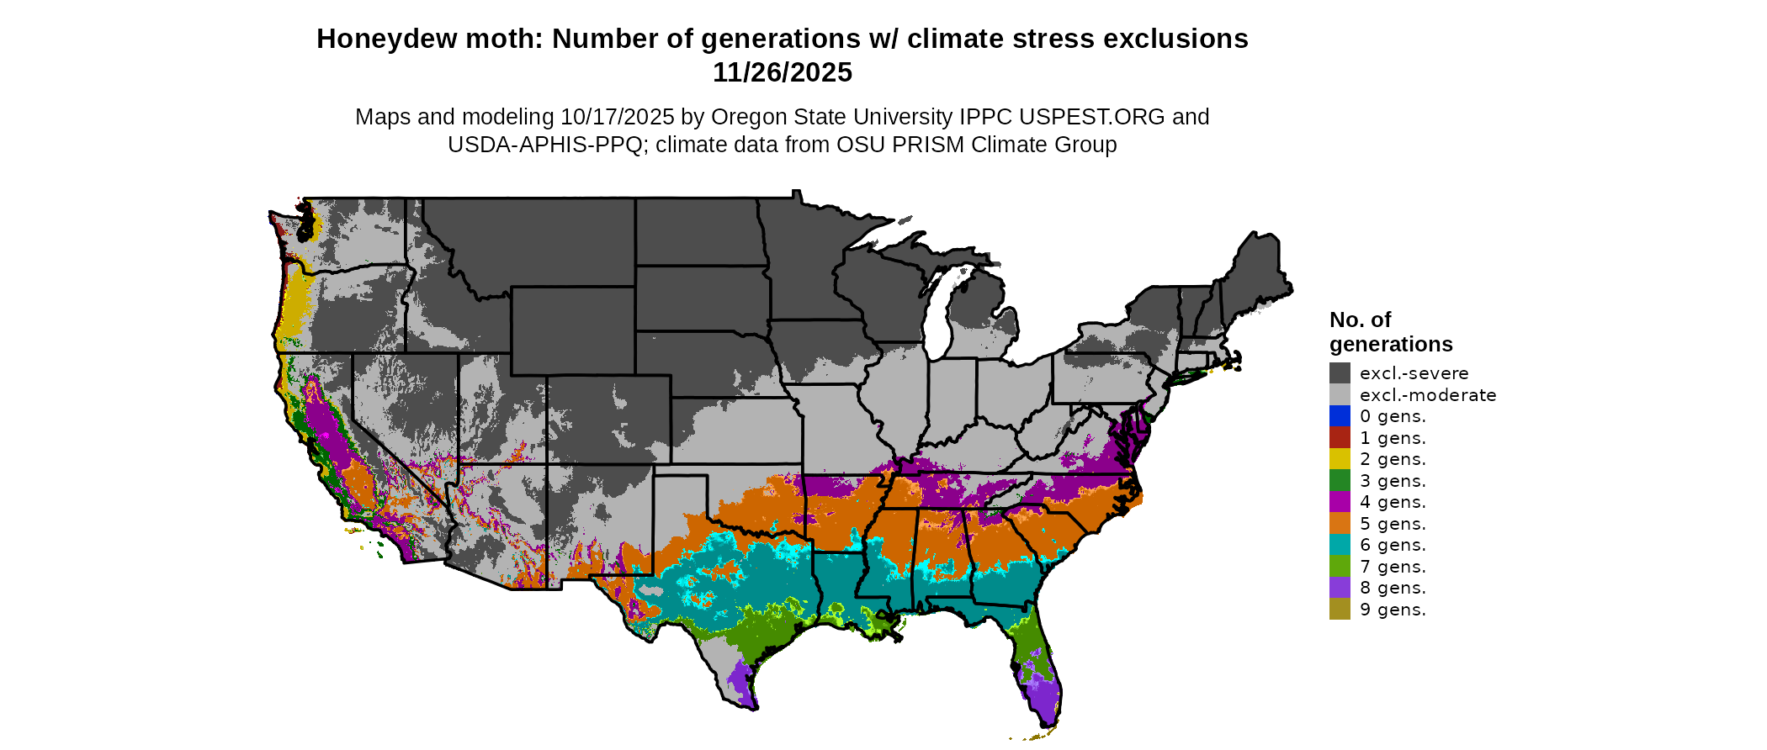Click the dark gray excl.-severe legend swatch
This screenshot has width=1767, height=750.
click(1340, 373)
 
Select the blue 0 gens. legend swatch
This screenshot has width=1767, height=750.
click(1340, 416)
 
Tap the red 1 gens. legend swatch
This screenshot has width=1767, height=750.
click(1340, 438)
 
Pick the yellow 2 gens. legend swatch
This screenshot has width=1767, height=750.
click(1340, 459)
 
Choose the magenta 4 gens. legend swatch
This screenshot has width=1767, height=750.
click(1340, 502)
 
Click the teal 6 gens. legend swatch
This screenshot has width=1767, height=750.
click(1340, 545)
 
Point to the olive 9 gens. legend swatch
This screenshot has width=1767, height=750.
click(1340, 610)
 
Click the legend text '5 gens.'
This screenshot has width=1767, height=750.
click(1393, 524)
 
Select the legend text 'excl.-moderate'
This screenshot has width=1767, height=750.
click(1428, 395)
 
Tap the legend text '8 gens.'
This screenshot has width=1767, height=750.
click(1393, 588)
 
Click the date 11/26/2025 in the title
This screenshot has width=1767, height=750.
click(782, 73)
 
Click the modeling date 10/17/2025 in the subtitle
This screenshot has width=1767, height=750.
click(617, 117)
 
